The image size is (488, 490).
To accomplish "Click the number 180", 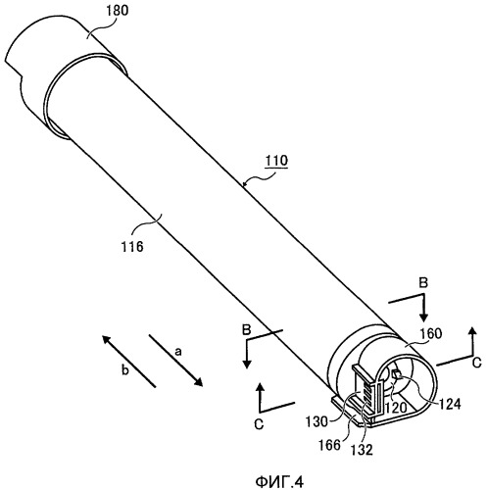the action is (118, 11).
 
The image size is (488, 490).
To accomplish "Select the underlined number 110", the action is (276, 161).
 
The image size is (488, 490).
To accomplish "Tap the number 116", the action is (132, 247).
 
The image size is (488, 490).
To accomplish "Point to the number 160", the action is (430, 333).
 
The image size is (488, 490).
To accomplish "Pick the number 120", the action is (396, 408).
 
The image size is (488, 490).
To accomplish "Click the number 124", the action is (449, 404).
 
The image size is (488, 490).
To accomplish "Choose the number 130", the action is (317, 421).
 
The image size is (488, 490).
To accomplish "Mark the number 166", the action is (329, 445).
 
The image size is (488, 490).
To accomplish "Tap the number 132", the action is (362, 450).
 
